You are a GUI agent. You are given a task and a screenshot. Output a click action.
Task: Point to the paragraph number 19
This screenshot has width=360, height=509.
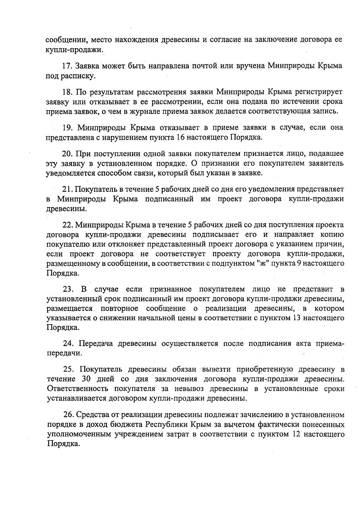point(67,128)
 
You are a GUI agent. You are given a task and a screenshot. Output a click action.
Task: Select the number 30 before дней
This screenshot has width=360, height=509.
point(86,379)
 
